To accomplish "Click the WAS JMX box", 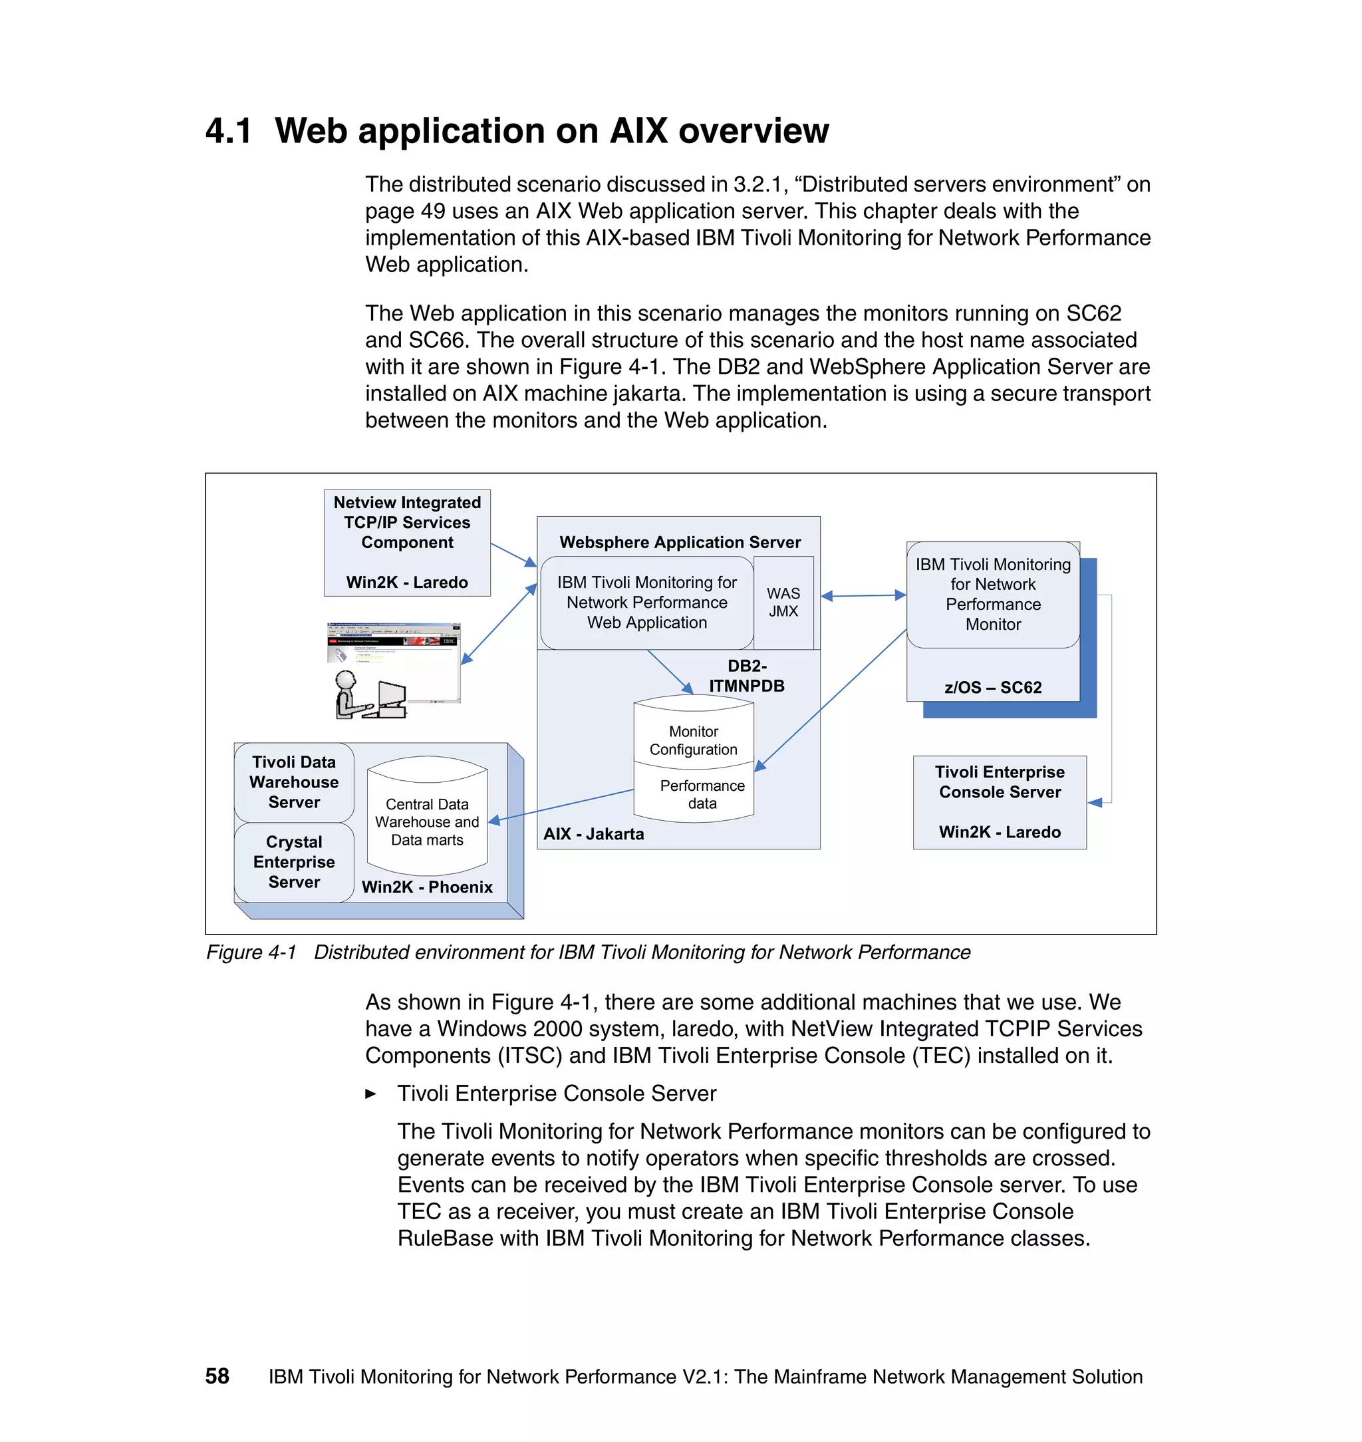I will (x=783, y=602).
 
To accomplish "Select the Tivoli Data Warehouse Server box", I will (x=294, y=782).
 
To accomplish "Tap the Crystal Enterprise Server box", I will (x=294, y=862).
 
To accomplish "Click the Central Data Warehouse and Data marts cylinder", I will (x=427, y=821).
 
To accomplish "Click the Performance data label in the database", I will (x=702, y=794).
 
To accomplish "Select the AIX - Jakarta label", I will (x=593, y=833).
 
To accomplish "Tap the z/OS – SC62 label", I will (x=992, y=687).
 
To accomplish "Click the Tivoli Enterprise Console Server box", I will (x=999, y=801).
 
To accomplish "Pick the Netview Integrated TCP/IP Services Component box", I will (x=406, y=541).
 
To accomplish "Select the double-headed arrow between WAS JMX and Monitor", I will (x=863, y=595).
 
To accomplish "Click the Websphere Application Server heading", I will (x=680, y=542).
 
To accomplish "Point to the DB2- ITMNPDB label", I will (x=746, y=675).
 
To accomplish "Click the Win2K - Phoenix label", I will (x=427, y=887).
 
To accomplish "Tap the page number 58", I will (x=217, y=1376).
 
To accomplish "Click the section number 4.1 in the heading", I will (x=228, y=132).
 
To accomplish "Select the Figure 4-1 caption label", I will (x=251, y=952).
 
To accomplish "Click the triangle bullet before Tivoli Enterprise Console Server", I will (x=370, y=1093).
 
